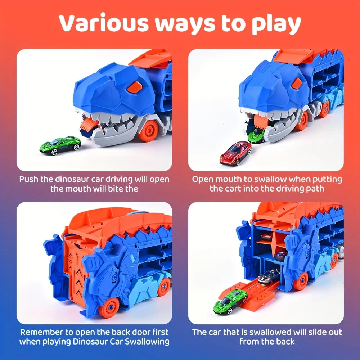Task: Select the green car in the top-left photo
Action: click(x=60, y=145)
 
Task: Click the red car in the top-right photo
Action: click(x=235, y=153)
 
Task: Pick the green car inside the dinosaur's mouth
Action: click(x=256, y=135)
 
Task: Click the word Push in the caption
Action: click(x=29, y=179)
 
